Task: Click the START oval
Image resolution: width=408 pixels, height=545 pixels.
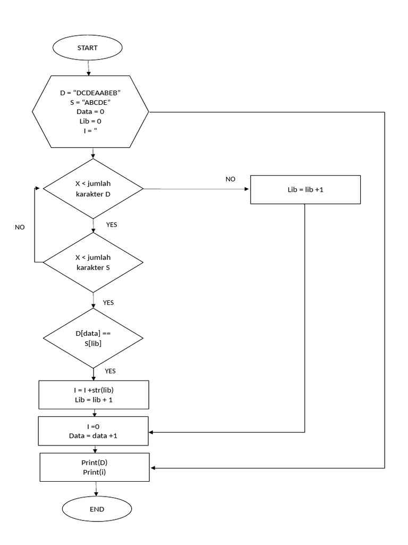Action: [x=88, y=47]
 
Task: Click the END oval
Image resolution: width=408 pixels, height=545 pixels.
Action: [x=97, y=509]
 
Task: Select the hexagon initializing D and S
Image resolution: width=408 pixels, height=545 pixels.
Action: [x=91, y=112]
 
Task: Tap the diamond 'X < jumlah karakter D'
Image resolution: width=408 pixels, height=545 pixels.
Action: [x=93, y=188]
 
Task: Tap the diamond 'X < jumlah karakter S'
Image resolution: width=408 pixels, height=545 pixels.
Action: [x=93, y=262]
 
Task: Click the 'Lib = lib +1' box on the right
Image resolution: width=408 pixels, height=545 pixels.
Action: [x=305, y=189]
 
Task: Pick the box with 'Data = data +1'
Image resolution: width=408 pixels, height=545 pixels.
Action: [x=93, y=431]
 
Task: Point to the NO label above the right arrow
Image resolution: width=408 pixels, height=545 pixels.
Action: [x=230, y=179]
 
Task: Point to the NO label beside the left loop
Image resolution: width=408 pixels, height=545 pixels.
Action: [x=20, y=227]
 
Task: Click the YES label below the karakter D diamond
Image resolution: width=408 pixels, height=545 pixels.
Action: [x=112, y=225]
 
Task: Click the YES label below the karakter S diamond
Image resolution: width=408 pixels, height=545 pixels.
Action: [x=108, y=302]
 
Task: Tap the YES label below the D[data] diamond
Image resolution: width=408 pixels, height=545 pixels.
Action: [x=110, y=371]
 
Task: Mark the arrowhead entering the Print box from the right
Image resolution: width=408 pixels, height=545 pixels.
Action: [x=153, y=468]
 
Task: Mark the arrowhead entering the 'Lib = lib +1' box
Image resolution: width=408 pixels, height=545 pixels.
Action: [x=248, y=189]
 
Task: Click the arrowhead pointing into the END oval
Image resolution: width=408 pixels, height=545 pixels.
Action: [x=96, y=495]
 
